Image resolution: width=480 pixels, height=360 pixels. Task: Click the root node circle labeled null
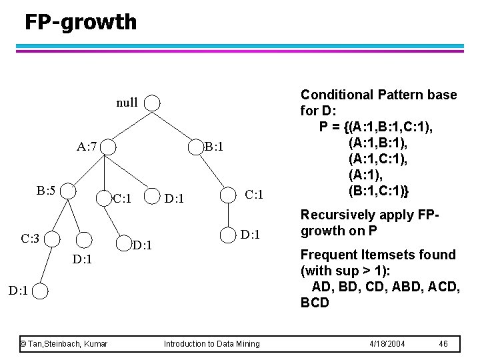152,103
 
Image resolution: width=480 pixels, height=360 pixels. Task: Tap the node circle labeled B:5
68,191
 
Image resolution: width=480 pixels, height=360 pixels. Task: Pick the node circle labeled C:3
52,238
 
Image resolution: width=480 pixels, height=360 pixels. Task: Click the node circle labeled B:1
194,147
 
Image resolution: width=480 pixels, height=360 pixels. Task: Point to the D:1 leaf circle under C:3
41,290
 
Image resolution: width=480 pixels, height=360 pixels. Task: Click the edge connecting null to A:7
131,125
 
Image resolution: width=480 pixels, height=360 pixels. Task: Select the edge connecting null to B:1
173,125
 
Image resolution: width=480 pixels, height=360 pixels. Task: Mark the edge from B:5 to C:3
60,214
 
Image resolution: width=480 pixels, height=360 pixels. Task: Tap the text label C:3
32,238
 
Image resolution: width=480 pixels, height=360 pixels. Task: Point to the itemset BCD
315,303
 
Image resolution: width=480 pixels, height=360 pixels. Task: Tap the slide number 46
443,343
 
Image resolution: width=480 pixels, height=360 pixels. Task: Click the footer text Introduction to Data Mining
211,343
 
